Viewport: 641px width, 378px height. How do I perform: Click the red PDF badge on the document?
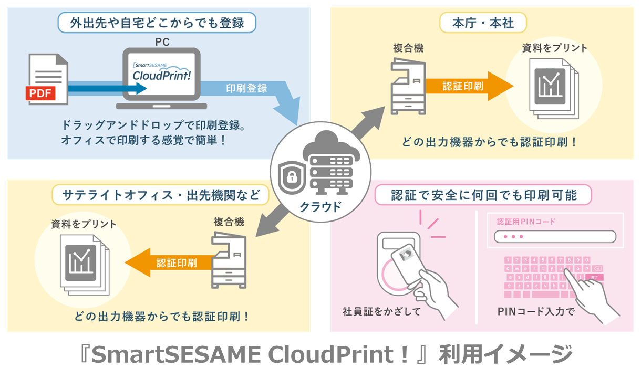coord(41,93)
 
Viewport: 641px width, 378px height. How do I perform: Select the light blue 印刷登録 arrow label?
coord(246,88)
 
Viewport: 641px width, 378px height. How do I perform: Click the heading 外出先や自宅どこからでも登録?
coord(157,23)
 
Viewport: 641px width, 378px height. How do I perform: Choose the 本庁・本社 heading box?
coord(483,23)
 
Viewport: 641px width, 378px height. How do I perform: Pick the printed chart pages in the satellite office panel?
coord(84,263)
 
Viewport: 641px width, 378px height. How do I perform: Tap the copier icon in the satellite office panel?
coord(228,259)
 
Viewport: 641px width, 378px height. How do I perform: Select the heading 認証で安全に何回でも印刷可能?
coord(483,195)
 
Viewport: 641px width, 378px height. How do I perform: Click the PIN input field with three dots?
coord(555,237)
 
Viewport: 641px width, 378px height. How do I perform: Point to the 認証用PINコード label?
coord(526,221)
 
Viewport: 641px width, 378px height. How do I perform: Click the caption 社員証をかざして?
coord(381,312)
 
